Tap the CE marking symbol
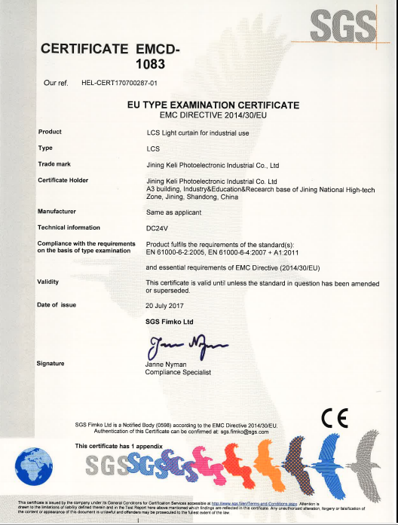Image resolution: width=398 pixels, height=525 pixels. (334, 417)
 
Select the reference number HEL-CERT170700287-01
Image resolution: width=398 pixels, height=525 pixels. (119, 81)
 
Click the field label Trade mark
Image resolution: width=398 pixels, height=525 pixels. (54, 163)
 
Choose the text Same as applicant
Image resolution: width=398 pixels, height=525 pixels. (171, 212)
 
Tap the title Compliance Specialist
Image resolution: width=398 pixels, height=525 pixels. (178, 372)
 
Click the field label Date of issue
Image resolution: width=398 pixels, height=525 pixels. (57, 304)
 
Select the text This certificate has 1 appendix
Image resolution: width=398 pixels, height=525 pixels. (119, 446)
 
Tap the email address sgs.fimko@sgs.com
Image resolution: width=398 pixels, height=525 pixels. (244, 432)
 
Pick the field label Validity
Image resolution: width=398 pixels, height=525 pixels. (48, 281)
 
